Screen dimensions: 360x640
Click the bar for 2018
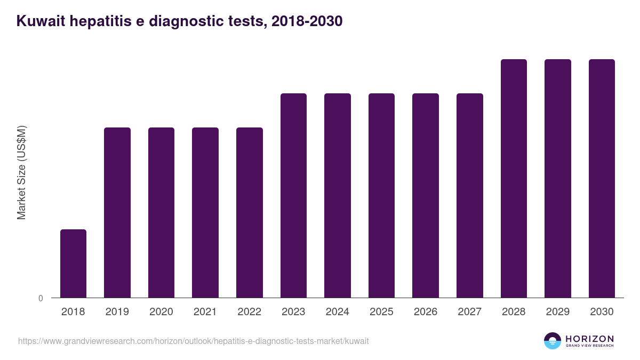pyautogui.click(x=73, y=263)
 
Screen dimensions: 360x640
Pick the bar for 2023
pyautogui.click(x=293, y=195)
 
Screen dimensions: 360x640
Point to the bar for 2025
pyautogui.click(x=381, y=195)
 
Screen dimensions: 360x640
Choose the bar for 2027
pyautogui.click(x=470, y=195)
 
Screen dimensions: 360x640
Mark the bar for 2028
pyautogui.click(x=514, y=178)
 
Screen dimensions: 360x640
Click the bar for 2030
pyautogui.click(x=602, y=178)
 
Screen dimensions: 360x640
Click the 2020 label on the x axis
pyautogui.click(x=161, y=312)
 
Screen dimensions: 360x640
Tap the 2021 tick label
pyautogui.click(x=205, y=312)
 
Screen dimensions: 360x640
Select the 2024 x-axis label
pyautogui.click(x=338, y=312)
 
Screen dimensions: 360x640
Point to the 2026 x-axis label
pyautogui.click(x=426, y=312)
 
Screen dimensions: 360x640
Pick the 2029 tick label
pyautogui.click(x=558, y=312)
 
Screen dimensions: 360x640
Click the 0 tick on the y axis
pyautogui.click(x=41, y=299)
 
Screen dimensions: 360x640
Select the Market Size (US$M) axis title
pyautogui.click(x=21, y=172)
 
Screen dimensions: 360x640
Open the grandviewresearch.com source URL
pyautogui.click(x=193, y=341)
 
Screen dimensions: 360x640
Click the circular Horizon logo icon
pyautogui.click(x=553, y=341)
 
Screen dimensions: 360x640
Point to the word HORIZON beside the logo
pyautogui.click(x=589, y=338)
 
